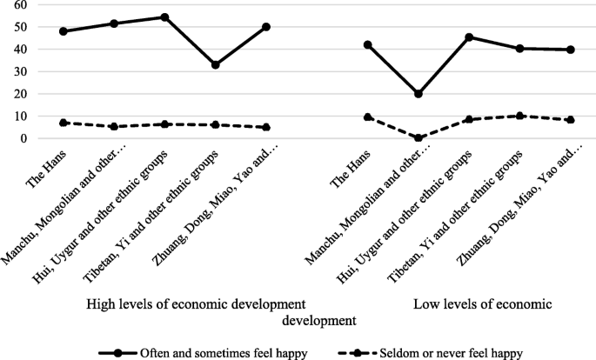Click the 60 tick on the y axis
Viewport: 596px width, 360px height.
click(x=20, y=5)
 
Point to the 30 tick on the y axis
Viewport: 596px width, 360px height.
click(x=20, y=71)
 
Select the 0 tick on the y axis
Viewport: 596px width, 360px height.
click(x=23, y=138)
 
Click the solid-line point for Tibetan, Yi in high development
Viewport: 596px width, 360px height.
click(x=215, y=65)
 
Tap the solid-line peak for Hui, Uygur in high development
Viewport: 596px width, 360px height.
click(x=164, y=17)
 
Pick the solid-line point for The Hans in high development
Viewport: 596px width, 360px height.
click(x=64, y=31)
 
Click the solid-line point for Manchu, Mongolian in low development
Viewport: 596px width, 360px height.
click(x=418, y=94)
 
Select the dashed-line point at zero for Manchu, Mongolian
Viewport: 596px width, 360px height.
click(x=418, y=137)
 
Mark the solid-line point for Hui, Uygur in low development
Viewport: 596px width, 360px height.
click(x=468, y=37)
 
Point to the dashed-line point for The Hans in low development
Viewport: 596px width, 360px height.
click(x=367, y=117)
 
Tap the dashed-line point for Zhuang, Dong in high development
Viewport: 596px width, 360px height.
click(x=265, y=127)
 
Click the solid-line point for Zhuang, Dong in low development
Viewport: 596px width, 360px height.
click(x=570, y=50)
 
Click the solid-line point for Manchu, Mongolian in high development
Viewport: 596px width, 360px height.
click(x=114, y=23)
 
